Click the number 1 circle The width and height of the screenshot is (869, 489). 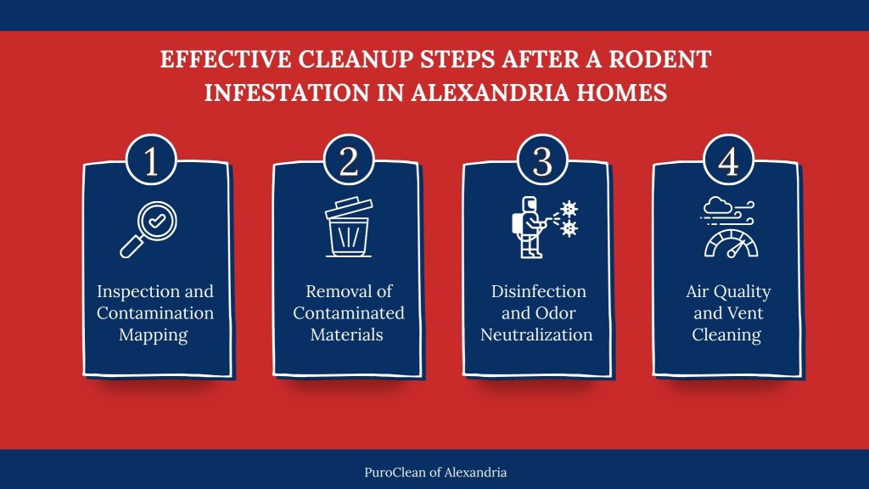(151, 162)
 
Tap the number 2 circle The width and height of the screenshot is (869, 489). (349, 162)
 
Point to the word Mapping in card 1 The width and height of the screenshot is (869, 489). (154, 334)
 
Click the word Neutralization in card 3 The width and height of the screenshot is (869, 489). (536, 334)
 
